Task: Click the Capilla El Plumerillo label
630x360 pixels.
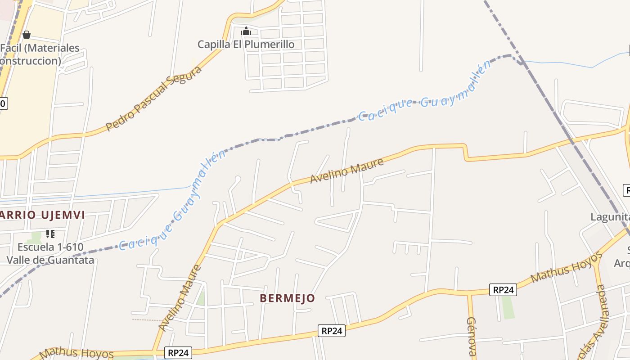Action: click(246, 44)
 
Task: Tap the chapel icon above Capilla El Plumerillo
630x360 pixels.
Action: click(246, 31)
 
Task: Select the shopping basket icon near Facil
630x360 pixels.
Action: click(27, 34)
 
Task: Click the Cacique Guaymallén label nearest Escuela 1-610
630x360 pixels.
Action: click(172, 202)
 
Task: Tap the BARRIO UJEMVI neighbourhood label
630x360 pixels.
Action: click(42, 215)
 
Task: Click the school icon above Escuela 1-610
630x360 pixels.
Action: click(50, 234)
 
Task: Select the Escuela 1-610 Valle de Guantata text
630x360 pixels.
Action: click(50, 253)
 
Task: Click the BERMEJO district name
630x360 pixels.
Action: click(287, 298)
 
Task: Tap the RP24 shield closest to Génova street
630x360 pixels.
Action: click(503, 290)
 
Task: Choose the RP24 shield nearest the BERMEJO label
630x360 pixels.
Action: click(332, 331)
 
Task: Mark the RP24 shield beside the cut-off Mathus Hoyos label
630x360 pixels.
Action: click(179, 353)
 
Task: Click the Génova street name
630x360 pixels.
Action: click(471, 337)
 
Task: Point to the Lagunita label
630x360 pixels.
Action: click(610, 217)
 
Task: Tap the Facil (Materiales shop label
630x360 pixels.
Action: click(40, 48)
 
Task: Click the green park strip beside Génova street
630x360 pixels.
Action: click(508, 307)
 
